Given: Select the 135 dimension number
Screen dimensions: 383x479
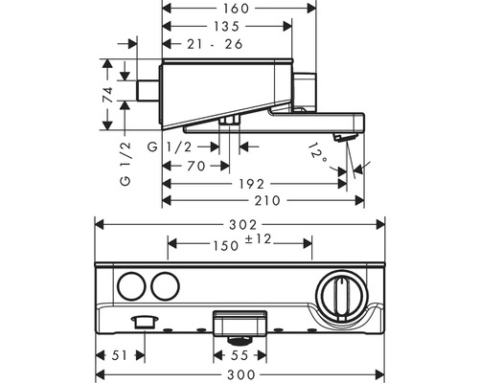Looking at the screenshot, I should point(225,26).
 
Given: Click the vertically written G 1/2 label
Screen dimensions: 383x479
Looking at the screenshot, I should point(125,167).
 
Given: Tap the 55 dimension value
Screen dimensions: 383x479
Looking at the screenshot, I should point(239,354).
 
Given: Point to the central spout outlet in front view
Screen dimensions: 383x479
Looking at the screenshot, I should point(239,321).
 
